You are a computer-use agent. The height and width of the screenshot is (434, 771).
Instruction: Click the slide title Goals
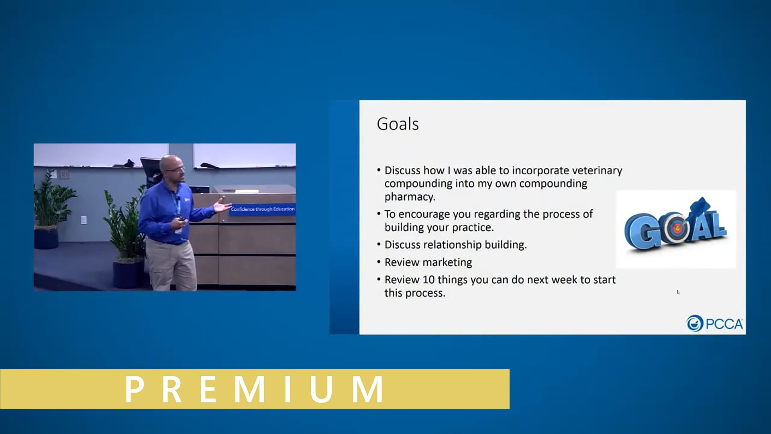pos(398,124)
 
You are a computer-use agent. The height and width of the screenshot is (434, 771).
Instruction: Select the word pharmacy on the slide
pos(410,197)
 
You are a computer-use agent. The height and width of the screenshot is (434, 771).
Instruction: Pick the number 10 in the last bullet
pos(428,280)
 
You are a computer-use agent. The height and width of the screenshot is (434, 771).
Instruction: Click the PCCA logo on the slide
pos(715,323)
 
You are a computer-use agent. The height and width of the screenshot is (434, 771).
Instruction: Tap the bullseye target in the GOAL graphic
pos(677,229)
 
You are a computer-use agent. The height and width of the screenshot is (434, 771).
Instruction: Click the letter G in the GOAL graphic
pos(641,232)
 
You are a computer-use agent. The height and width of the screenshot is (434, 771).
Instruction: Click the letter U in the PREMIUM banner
pos(321,389)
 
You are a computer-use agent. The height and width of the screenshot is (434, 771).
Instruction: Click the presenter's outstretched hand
pos(222,205)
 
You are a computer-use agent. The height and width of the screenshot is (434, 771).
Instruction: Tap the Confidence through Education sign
pos(263,209)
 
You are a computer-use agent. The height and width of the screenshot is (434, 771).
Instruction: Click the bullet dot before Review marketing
pos(379,262)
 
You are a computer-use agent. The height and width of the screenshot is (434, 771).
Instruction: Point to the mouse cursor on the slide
pos(678,292)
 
